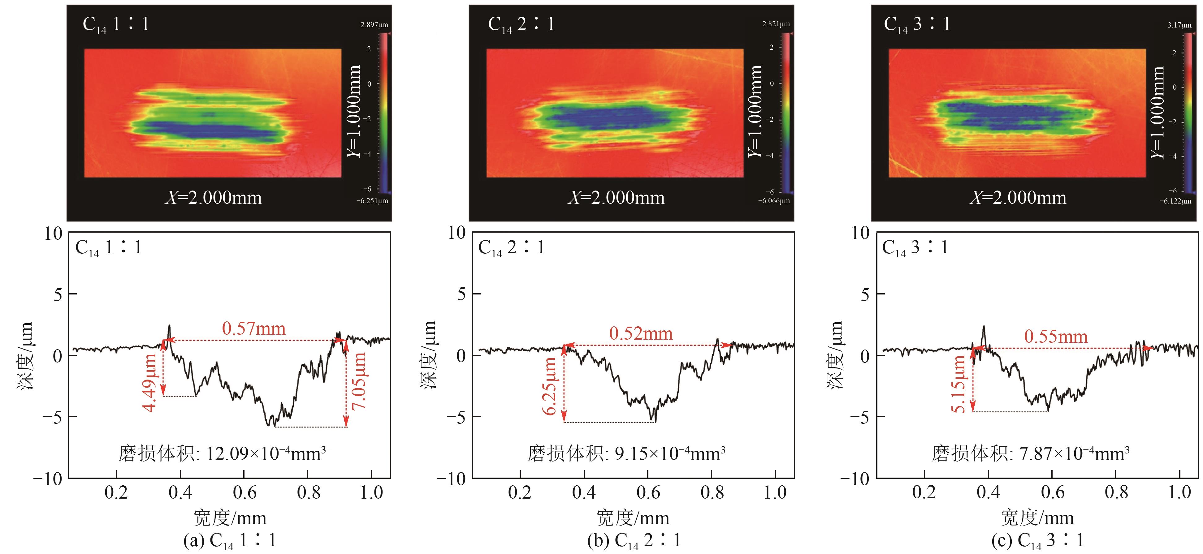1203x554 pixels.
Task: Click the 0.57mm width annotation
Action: coord(253,329)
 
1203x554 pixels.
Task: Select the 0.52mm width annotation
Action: coord(641,334)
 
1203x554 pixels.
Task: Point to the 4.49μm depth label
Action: coord(149,383)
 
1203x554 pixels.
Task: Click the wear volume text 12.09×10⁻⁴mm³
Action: coord(222,453)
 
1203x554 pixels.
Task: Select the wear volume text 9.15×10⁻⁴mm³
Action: coord(626,453)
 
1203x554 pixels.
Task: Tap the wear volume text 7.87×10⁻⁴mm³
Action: coord(1030,453)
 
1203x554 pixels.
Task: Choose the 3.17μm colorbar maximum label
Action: coord(1179,25)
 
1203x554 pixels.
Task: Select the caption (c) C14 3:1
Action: coord(1037,540)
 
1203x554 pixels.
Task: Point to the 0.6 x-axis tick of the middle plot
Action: coord(648,492)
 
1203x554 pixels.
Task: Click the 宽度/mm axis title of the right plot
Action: coord(1037,518)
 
